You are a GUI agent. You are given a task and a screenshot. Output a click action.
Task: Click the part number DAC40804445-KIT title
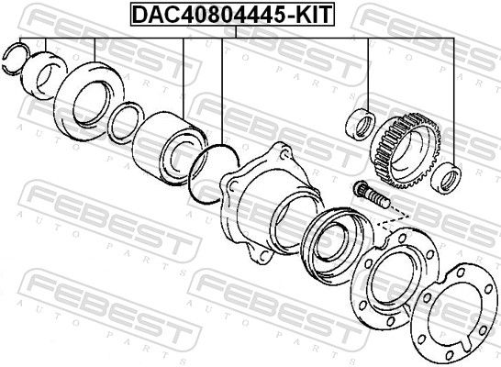234,15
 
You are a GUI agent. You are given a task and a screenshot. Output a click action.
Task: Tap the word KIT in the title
313,15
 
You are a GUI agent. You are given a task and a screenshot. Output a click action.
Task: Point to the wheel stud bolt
370,195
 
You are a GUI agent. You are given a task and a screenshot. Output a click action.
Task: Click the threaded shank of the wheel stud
378,198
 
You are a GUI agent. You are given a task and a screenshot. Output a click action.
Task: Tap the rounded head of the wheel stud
360,189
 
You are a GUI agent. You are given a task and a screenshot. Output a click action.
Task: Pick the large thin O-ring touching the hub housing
207,171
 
